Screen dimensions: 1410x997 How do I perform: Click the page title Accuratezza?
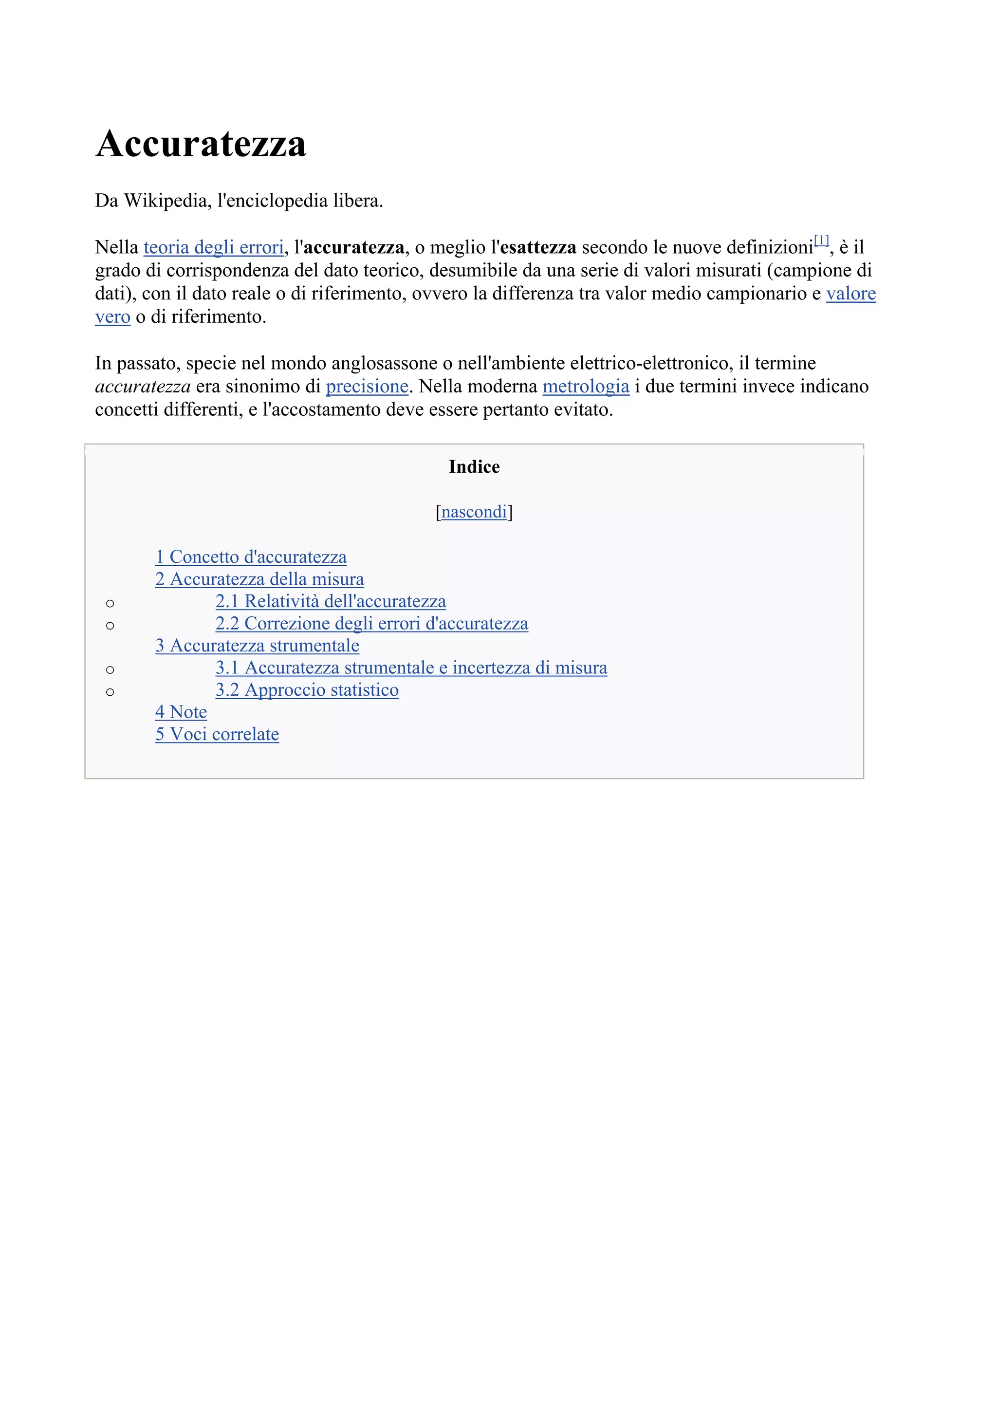click(x=200, y=144)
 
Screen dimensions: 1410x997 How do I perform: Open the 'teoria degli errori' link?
click(x=213, y=247)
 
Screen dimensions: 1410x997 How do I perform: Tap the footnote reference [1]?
click(x=821, y=240)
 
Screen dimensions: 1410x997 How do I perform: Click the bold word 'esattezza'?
click(x=538, y=247)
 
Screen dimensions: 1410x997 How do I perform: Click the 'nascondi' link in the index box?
click(x=474, y=512)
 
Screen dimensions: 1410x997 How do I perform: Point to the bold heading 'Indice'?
click(x=474, y=467)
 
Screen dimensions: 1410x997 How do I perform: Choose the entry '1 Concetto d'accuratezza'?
click(x=251, y=557)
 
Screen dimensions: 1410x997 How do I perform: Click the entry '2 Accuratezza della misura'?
click(x=259, y=579)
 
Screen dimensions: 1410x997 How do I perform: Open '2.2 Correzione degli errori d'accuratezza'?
click(x=371, y=623)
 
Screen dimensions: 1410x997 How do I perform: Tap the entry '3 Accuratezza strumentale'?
click(x=257, y=646)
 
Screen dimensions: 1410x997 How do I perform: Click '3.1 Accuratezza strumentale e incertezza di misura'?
click(x=411, y=668)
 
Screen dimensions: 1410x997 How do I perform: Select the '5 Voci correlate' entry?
click(x=217, y=734)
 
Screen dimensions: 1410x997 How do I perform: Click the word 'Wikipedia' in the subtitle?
click(x=166, y=201)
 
